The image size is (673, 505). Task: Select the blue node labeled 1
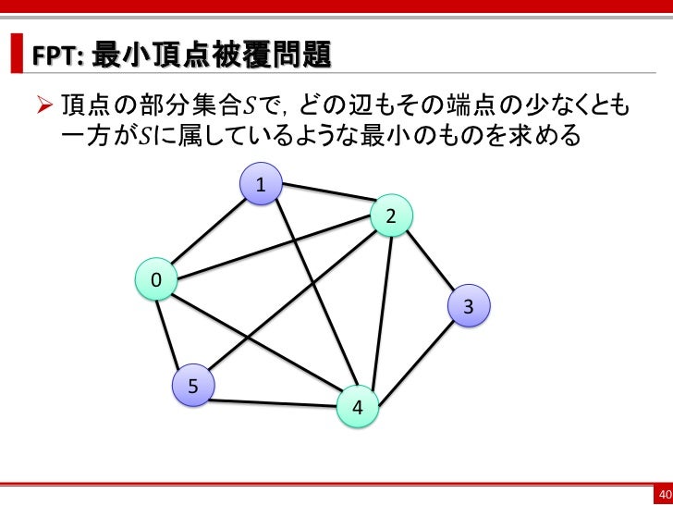coord(262,185)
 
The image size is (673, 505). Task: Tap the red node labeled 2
coord(391,217)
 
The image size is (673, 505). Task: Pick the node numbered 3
coord(469,306)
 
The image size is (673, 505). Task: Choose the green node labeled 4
coord(358,407)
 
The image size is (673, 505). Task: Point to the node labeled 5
coord(192,387)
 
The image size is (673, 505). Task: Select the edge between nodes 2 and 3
coord(430,262)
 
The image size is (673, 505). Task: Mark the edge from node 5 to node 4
coord(275,403)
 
